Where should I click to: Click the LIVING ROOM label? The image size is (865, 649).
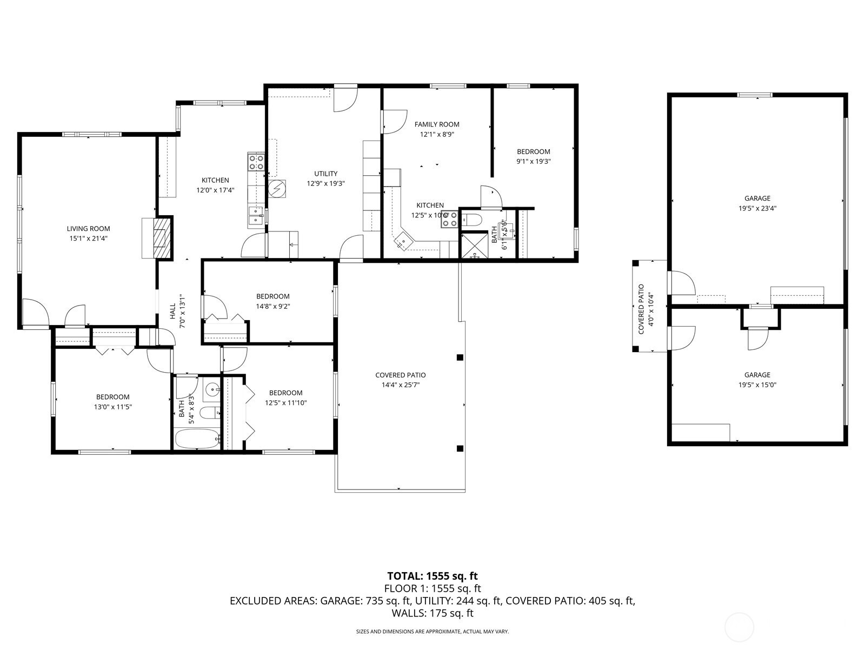(x=88, y=229)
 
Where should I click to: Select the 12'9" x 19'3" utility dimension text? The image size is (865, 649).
(x=325, y=183)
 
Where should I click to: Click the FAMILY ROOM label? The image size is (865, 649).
(x=437, y=124)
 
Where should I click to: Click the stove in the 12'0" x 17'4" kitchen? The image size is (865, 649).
(x=256, y=162)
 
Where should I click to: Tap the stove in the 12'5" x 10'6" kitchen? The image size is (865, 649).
(x=450, y=218)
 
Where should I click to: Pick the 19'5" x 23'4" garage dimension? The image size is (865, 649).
(x=757, y=208)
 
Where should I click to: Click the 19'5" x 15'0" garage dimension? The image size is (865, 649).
(x=757, y=385)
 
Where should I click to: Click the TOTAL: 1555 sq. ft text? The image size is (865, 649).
(x=432, y=576)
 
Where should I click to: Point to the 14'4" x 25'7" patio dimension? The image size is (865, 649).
(x=400, y=385)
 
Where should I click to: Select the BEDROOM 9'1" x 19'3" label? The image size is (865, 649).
(x=533, y=152)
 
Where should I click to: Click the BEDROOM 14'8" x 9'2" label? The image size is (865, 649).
(x=272, y=296)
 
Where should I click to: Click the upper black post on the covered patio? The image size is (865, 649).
(x=460, y=357)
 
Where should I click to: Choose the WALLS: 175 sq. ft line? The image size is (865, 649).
(x=432, y=613)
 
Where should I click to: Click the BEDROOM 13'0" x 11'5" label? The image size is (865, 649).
(x=112, y=397)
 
